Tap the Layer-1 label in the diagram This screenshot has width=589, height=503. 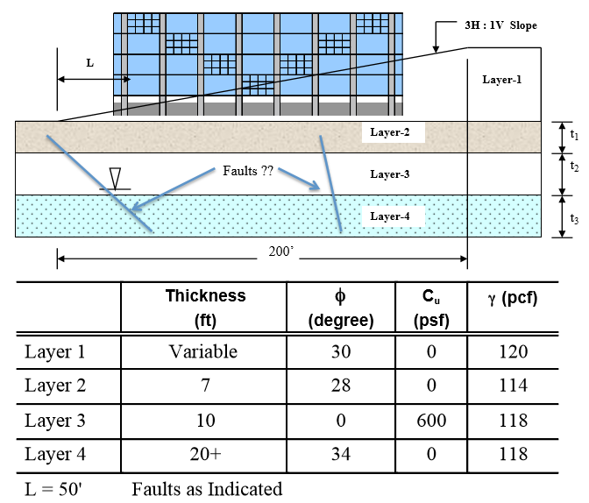(x=502, y=80)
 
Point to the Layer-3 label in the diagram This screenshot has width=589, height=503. (x=390, y=174)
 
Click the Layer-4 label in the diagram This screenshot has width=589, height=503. (x=390, y=215)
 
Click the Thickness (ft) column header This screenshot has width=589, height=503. (x=205, y=308)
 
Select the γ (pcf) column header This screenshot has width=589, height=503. (x=512, y=298)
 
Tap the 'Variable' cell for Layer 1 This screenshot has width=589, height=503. (x=205, y=351)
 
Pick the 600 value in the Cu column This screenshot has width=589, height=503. (x=430, y=420)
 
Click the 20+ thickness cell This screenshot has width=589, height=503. (x=205, y=454)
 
